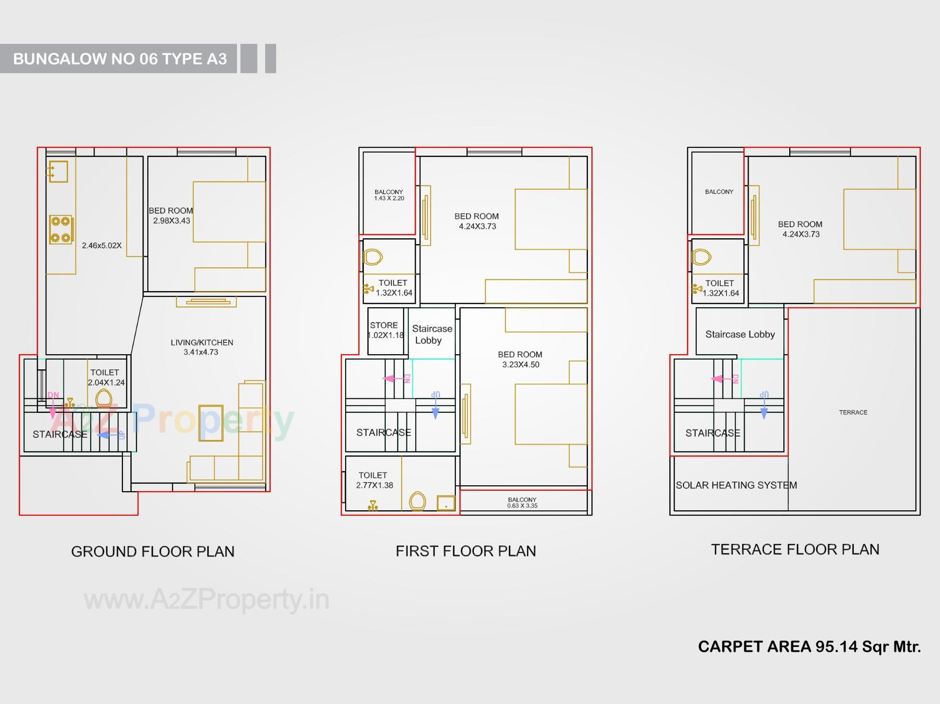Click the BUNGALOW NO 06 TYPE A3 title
(x=120, y=59)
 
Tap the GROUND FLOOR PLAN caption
(x=153, y=551)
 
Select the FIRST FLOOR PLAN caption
(x=466, y=551)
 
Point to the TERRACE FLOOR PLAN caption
(x=795, y=549)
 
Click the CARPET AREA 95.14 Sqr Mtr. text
(x=809, y=646)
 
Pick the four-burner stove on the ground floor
(x=61, y=229)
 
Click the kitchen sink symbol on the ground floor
(x=58, y=171)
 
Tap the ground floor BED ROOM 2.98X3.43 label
(x=171, y=215)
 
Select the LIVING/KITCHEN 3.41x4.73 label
(x=202, y=347)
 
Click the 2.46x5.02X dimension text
(x=102, y=245)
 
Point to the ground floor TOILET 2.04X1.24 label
(x=106, y=377)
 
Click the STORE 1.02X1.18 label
(x=385, y=330)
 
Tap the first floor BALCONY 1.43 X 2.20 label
(x=389, y=195)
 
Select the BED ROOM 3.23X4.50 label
(x=520, y=359)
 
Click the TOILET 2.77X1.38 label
(x=374, y=480)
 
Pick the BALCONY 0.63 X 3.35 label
(x=522, y=502)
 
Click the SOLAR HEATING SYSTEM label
(x=736, y=485)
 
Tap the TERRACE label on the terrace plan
(x=853, y=412)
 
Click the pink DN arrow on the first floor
(x=396, y=379)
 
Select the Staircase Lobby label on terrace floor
(x=740, y=334)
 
